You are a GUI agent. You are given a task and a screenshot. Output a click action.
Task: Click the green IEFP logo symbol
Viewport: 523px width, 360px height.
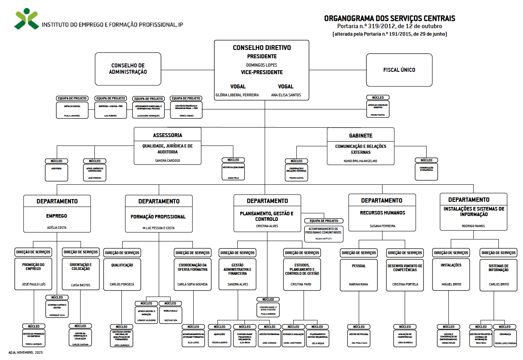coord(27,19)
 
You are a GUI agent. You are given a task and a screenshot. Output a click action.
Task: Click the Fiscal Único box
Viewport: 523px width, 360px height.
coord(399,70)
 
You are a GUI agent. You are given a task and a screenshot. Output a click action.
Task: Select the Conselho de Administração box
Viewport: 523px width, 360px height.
coord(128,69)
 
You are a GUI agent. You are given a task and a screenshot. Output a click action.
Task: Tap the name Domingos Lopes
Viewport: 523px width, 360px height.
coord(261,65)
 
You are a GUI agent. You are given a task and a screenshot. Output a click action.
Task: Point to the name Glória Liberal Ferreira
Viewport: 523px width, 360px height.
coord(237,95)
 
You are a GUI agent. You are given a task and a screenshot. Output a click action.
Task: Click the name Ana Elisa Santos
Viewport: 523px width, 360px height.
coord(286,95)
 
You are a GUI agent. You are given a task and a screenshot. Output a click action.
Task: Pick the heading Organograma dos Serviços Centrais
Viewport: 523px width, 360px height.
coord(389,18)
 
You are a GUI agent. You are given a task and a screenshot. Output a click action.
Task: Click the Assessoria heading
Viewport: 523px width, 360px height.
coord(167,135)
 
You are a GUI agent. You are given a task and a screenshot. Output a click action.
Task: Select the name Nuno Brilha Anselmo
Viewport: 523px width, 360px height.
coord(360,161)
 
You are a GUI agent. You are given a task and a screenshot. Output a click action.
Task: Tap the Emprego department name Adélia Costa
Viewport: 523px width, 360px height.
coord(57,228)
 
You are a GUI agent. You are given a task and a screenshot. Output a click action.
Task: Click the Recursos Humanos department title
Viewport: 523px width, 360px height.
coord(382,213)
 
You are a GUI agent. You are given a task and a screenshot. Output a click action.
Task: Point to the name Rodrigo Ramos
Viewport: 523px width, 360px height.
coord(473,226)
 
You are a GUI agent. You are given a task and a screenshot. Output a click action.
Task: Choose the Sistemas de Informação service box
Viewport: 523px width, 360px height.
coord(498,275)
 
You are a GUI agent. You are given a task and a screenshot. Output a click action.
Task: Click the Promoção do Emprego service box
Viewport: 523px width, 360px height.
coord(33,274)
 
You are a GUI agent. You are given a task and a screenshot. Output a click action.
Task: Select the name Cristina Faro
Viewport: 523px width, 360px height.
coord(301,284)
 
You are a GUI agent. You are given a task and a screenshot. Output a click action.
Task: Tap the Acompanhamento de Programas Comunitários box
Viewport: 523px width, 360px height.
coord(324,234)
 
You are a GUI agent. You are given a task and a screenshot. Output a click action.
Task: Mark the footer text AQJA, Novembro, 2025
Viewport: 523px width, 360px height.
coord(25,352)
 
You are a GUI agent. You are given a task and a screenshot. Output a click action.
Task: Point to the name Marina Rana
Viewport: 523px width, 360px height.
coord(358,284)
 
